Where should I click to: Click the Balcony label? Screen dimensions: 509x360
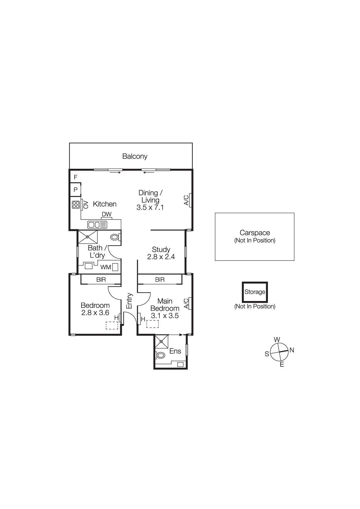point(135,156)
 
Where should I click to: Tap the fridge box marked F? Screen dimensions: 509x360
point(75,177)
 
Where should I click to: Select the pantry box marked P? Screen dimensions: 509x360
point(75,190)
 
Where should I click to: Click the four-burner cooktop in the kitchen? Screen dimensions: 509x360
point(76,205)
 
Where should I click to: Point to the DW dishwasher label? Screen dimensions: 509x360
point(107,214)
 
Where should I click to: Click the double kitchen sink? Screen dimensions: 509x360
point(97,225)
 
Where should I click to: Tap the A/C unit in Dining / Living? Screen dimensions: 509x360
point(190,200)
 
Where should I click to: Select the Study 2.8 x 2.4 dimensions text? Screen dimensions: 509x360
point(161,257)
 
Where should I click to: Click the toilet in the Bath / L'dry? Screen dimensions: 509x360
point(115,237)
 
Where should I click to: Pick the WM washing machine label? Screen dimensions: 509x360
point(106,267)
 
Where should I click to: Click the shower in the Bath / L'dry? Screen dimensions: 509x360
point(88,237)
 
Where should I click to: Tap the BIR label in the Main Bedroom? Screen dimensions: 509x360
point(160,280)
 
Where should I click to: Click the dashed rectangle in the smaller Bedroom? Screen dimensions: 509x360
point(112,325)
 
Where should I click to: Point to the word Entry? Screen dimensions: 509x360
point(129,301)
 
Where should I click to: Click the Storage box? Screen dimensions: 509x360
point(255,292)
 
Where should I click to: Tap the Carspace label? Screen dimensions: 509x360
point(255,233)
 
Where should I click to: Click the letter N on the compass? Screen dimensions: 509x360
point(292,350)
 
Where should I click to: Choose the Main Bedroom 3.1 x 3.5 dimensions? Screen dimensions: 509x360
point(165,316)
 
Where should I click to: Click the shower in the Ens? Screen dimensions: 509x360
point(161,342)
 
